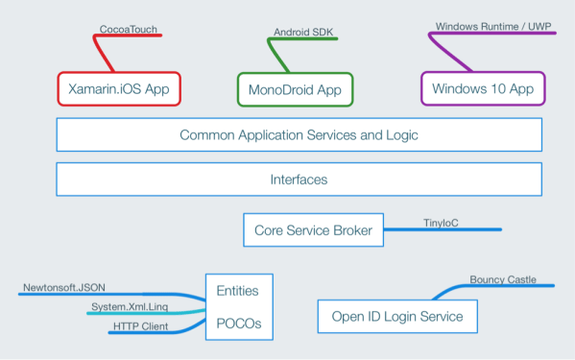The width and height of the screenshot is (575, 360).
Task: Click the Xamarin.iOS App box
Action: [x=120, y=89]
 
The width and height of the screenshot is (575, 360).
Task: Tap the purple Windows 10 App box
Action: [x=483, y=89]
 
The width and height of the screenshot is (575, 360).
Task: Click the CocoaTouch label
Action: [x=128, y=30]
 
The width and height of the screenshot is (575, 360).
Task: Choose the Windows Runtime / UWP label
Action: [x=492, y=27]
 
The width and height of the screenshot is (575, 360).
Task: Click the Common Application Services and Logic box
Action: [x=299, y=135]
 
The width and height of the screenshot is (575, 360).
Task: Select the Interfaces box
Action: [x=299, y=180]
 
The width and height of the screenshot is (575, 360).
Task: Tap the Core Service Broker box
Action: [x=313, y=230]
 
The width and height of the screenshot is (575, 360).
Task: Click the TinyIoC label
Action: [x=441, y=223]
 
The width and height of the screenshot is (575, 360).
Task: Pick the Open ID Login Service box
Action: [x=397, y=316]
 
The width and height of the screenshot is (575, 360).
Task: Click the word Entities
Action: [x=237, y=290]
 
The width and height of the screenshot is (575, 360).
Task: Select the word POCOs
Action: [x=238, y=323]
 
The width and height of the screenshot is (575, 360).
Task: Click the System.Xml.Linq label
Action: [x=130, y=306]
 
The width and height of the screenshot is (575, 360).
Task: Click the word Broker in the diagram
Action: [x=349, y=230]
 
